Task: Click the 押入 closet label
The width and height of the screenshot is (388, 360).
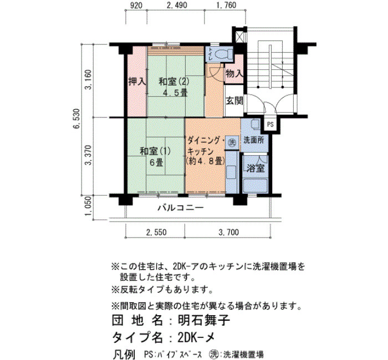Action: pyautogui.click(x=137, y=81)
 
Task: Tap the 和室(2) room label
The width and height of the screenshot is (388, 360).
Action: pyautogui.click(x=173, y=81)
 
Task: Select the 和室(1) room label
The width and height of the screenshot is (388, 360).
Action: pyautogui.click(x=155, y=151)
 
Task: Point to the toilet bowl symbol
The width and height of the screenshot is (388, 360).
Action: pyautogui.click(x=222, y=54)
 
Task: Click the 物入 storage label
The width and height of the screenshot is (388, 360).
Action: pyautogui.click(x=234, y=74)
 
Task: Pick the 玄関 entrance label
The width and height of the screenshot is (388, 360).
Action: pyautogui.click(x=234, y=101)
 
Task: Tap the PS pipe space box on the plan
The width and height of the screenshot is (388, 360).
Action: pyautogui.click(x=270, y=125)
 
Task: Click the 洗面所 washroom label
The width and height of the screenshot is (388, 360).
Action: pyautogui.click(x=254, y=140)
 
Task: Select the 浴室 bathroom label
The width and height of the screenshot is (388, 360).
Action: pyautogui.click(x=256, y=168)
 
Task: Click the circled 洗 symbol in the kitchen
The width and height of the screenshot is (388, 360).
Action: pyautogui.click(x=232, y=142)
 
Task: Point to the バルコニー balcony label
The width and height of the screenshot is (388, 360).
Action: pyautogui.click(x=181, y=208)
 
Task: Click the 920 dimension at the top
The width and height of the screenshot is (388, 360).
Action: pyautogui.click(x=136, y=5)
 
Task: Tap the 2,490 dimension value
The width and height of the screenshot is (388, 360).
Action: pyautogui.click(x=177, y=5)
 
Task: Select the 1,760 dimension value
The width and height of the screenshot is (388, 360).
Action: pyautogui.click(x=226, y=5)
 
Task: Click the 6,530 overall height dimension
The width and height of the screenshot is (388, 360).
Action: pyautogui.click(x=78, y=119)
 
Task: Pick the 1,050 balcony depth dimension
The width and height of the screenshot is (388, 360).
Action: pyautogui.click(x=88, y=206)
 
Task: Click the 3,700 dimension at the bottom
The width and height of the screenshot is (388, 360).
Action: pyautogui.click(x=228, y=232)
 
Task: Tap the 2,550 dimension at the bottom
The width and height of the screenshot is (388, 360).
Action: pyautogui.click(x=156, y=232)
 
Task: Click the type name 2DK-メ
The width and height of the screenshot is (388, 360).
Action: pyautogui.click(x=196, y=337)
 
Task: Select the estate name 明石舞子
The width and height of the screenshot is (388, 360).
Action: pyautogui.click(x=204, y=321)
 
